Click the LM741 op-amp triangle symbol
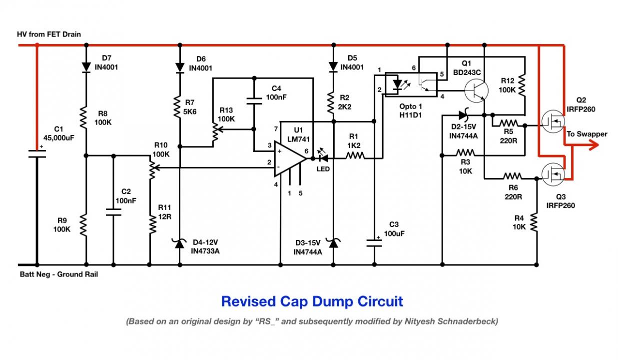pos(290,158)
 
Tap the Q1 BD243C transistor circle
pos(476,90)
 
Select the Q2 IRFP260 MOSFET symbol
pos(553,121)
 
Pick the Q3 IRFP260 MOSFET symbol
pos(553,174)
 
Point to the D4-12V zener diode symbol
pos(180,243)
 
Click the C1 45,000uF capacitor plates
pos(37,154)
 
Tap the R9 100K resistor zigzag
pos(83,225)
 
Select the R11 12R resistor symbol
pos(152,224)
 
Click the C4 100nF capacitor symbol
pos(254,101)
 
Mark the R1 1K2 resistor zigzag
pos(355,155)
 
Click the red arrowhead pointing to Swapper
pos(594,144)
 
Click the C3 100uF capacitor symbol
pos(374,242)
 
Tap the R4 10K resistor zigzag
pos(534,222)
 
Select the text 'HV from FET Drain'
pos(49,34)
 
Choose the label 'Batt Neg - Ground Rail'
pos(59,274)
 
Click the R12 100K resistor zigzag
pos(522,86)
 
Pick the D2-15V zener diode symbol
pos(464,115)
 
